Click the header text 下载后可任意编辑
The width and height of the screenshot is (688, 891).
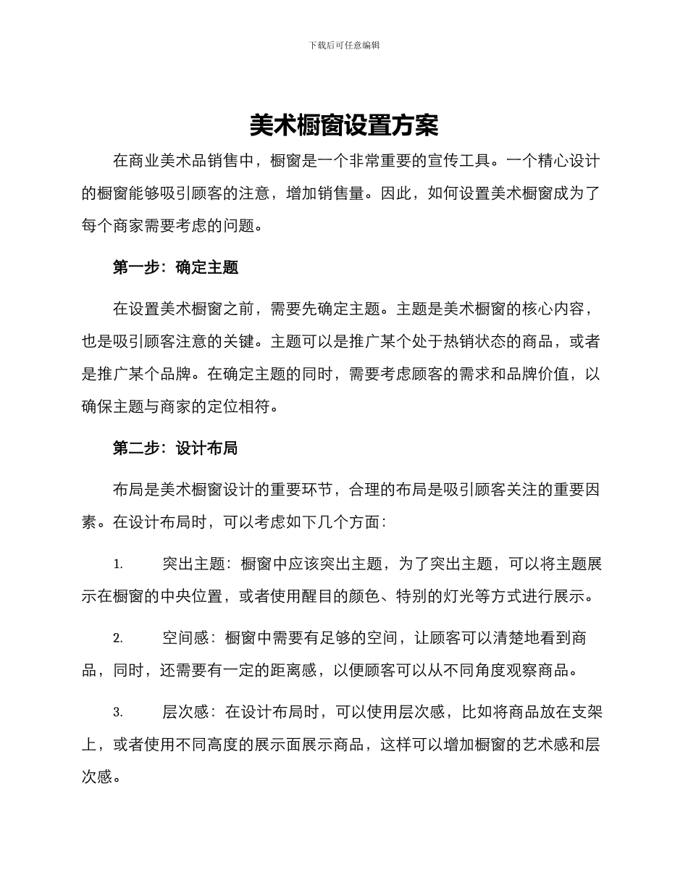(x=344, y=45)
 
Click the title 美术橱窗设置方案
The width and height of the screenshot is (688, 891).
(x=344, y=126)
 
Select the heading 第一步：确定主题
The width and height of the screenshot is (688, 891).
(x=175, y=267)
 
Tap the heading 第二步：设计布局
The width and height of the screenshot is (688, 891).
(x=175, y=448)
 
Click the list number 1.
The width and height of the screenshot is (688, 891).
(x=118, y=564)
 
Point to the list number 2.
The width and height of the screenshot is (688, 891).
(x=118, y=638)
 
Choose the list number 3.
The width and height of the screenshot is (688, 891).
(x=118, y=712)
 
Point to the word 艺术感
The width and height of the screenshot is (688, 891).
(x=546, y=745)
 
